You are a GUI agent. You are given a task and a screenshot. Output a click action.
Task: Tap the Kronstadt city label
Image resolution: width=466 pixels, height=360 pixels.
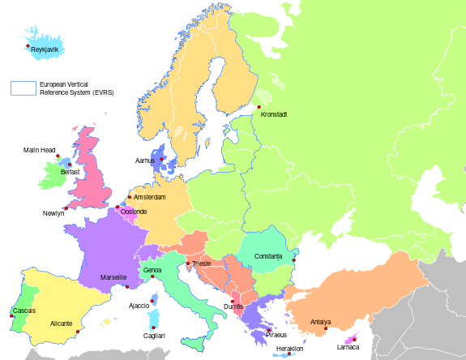tap(275, 114)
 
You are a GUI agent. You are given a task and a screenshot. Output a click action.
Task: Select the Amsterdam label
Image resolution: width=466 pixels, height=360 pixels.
tap(149, 197)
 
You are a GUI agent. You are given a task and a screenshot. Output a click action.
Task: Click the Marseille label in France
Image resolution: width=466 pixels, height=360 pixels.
tap(113, 277)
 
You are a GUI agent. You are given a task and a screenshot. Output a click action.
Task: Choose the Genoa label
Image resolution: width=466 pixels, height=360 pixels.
tap(152, 270)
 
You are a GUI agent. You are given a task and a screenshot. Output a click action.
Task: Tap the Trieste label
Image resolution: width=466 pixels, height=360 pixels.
tap(201, 264)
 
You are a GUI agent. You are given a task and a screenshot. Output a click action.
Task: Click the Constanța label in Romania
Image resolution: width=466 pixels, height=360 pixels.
tap(268, 256)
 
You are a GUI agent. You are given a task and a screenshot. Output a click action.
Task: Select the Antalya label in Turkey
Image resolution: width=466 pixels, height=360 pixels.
tap(320, 323)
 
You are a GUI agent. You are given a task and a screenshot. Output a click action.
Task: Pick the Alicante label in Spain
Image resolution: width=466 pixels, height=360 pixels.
tap(62, 324)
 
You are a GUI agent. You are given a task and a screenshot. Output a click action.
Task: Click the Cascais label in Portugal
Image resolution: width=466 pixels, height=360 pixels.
tap(24, 311)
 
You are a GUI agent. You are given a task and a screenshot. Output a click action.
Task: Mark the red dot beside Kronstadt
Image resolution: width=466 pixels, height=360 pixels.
tap(259, 107)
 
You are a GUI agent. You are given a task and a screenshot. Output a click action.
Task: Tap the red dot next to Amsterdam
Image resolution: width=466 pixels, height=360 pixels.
tap(129, 196)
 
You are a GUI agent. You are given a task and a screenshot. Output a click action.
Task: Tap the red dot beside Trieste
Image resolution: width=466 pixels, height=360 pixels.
tap(188, 263)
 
